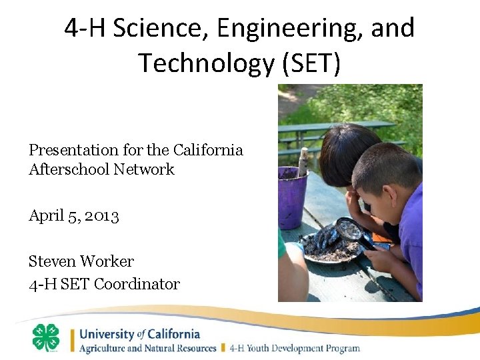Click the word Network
click(x=144, y=169)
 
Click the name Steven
click(x=53, y=261)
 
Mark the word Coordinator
click(x=137, y=284)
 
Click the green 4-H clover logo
click(x=46, y=337)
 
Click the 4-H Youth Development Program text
click(x=295, y=348)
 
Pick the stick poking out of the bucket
click(x=303, y=161)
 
